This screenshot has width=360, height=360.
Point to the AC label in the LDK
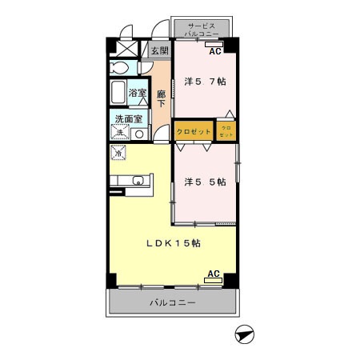coord(214,274)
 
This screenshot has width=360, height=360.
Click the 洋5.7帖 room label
coord(206,81)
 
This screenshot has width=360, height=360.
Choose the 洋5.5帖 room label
coord(206,182)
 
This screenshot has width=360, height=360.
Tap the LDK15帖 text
coord(173,245)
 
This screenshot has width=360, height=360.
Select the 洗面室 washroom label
coord(128,119)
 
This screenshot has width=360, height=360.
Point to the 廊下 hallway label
coord(161,98)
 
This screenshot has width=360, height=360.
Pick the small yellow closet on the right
coord(226,130)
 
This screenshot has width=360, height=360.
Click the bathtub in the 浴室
coord(119,93)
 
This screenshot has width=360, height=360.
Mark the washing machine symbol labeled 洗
coord(119,134)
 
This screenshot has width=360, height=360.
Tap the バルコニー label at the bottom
coord(173,303)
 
